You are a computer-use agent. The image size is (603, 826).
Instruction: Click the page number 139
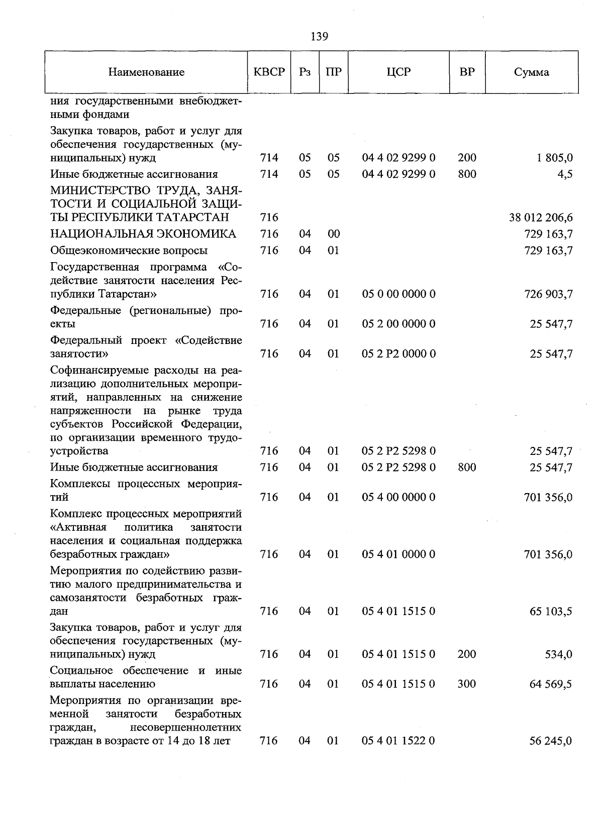tap(319, 37)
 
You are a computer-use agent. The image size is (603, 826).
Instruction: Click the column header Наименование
tap(146, 72)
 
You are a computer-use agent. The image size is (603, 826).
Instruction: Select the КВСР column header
tap(269, 72)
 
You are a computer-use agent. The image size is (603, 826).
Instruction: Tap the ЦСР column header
tap(398, 72)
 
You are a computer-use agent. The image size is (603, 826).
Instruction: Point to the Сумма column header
tap(531, 72)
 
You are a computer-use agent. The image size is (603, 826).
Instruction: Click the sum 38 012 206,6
tap(541, 217)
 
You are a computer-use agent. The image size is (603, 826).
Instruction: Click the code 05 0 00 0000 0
tap(398, 294)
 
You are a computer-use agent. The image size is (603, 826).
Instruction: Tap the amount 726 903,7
tap(548, 294)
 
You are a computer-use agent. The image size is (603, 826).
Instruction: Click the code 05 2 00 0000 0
tap(398, 324)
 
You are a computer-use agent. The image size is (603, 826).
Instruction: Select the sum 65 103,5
tap(551, 612)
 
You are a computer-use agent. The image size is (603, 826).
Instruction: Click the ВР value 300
tap(467, 684)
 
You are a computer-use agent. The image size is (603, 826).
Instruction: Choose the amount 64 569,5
tap(551, 684)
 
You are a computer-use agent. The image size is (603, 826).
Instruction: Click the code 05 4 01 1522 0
tap(398, 741)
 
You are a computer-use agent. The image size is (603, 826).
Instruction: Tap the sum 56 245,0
tap(551, 741)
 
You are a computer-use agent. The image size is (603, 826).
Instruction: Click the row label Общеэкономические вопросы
tap(129, 251)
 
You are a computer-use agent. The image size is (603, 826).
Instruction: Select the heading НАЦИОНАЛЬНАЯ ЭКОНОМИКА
tap(143, 234)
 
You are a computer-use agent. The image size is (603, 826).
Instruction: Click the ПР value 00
tap(334, 234)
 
